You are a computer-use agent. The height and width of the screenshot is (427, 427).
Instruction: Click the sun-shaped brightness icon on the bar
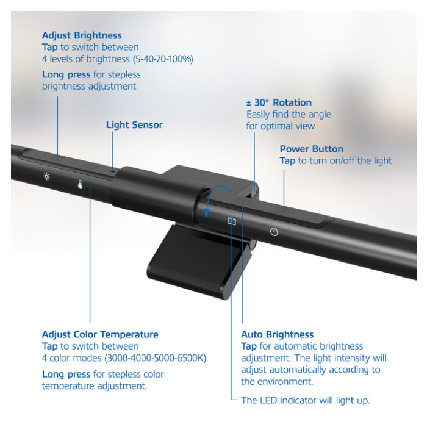46,176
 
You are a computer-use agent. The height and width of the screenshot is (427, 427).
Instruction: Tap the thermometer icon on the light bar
80,184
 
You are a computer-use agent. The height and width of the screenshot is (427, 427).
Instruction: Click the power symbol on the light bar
274,232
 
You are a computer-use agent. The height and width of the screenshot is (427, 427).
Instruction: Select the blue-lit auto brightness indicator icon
232,221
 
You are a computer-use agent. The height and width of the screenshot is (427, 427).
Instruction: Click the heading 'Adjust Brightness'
82,35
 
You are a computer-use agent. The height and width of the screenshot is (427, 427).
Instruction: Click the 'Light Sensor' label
134,125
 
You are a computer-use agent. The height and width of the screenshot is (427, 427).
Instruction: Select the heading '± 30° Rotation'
279,102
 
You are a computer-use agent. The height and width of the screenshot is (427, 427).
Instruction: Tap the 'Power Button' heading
312,149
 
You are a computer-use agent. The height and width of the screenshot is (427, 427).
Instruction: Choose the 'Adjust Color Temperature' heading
100,334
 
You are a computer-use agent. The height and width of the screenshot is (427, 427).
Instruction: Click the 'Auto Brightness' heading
278,334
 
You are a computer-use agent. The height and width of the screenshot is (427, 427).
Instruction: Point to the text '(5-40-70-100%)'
163,59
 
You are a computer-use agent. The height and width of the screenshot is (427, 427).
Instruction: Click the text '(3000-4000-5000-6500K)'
156,358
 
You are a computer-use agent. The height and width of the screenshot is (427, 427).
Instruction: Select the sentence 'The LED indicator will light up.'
305,400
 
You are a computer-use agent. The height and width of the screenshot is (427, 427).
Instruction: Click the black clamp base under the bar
199,262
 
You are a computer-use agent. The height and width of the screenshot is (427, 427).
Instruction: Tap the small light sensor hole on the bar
112,172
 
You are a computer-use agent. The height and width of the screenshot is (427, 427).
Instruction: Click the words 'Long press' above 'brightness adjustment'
66,74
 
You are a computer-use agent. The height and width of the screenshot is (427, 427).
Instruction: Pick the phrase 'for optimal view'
281,126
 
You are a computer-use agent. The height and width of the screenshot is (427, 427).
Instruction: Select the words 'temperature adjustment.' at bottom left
95,386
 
